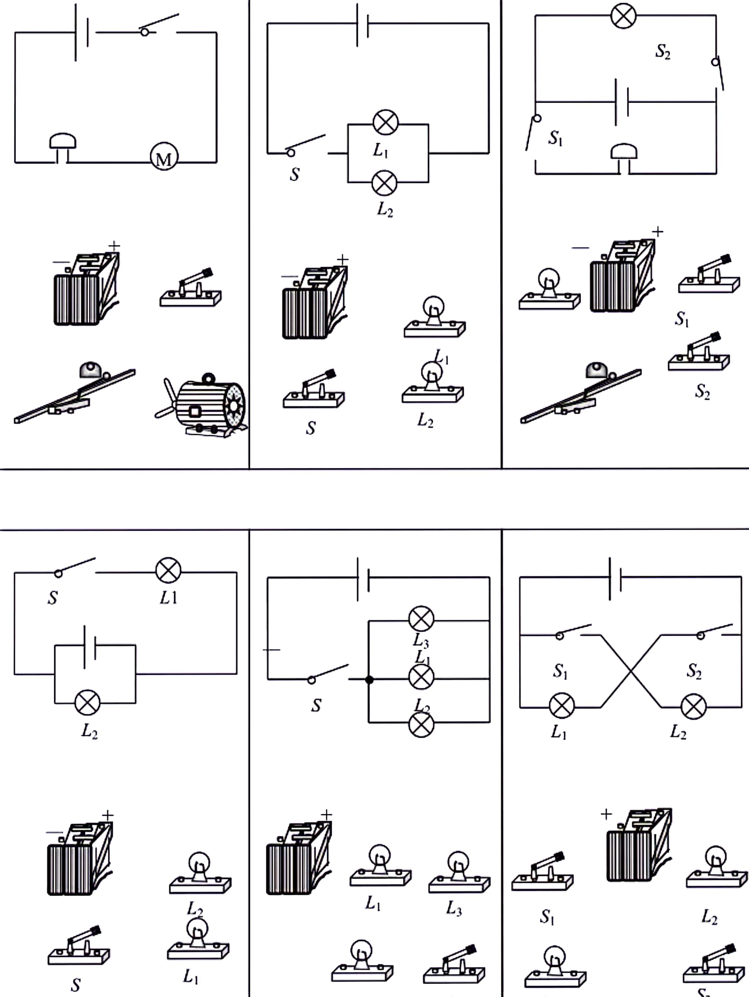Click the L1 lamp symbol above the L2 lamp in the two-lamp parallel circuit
click(385, 123)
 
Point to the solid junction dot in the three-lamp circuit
click(369, 679)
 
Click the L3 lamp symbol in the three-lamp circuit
click(421, 618)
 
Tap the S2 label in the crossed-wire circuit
click(694, 670)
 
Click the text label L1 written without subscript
click(168, 598)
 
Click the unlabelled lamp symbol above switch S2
click(624, 16)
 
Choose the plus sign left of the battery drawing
click(606, 814)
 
